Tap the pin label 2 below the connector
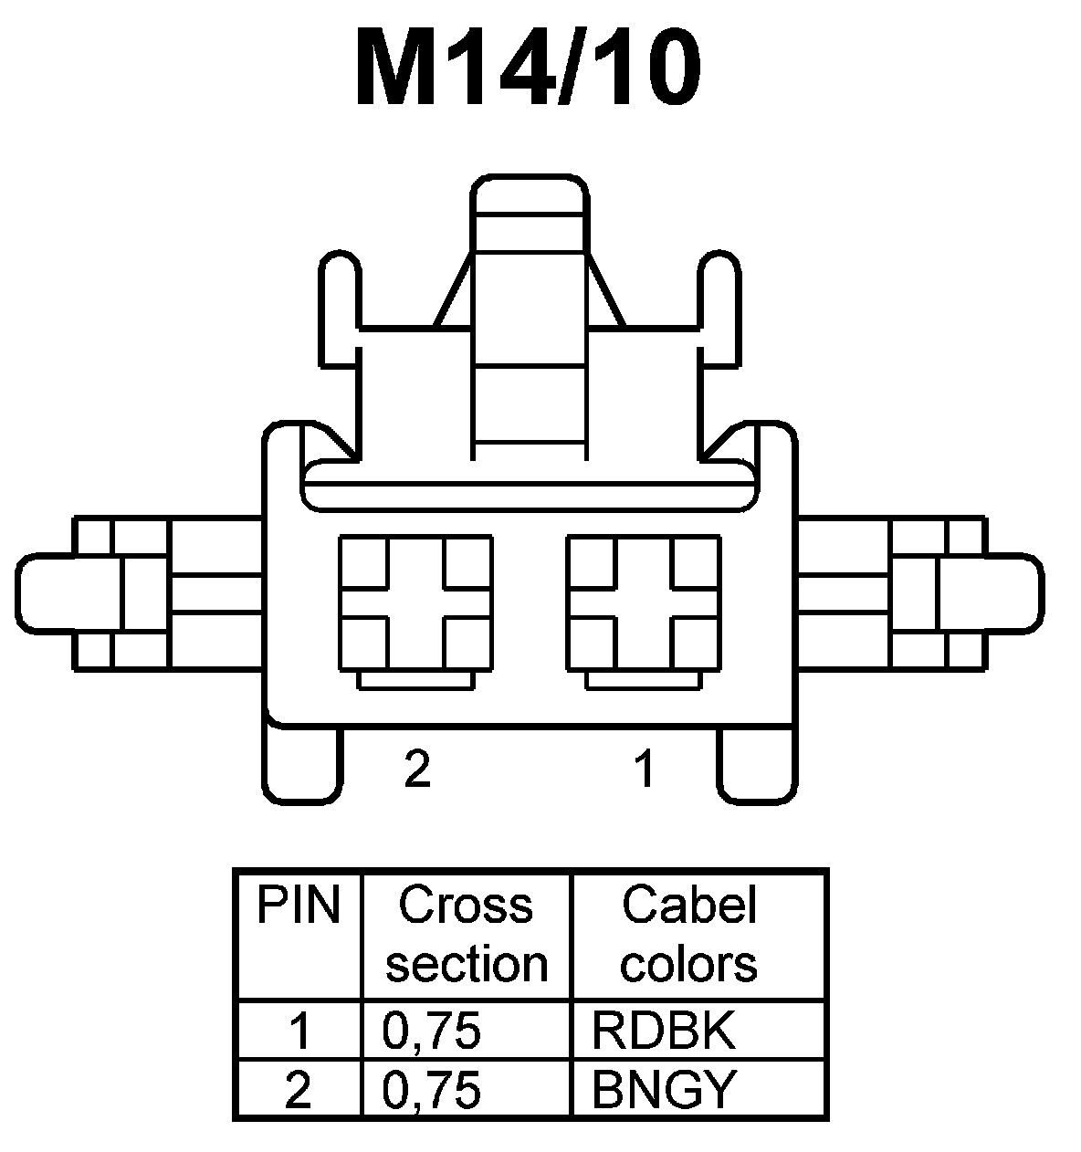click(x=416, y=770)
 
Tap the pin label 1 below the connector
click(x=645, y=770)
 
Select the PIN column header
click(x=298, y=906)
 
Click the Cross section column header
click(x=466, y=934)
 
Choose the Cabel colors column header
click(x=689, y=934)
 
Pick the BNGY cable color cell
click(x=664, y=1088)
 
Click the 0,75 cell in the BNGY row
click(x=432, y=1088)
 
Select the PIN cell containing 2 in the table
click(x=299, y=1088)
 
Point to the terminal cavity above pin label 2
click(x=415, y=603)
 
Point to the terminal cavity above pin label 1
click(x=644, y=603)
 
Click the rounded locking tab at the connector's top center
click(x=529, y=196)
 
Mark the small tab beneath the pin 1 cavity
click(x=644, y=681)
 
